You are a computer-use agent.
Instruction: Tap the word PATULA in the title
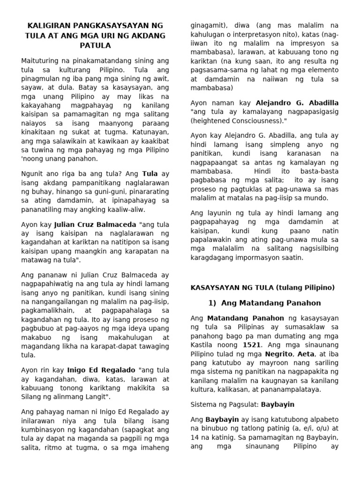pos(95,45)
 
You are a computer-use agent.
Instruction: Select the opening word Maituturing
pos(41,60)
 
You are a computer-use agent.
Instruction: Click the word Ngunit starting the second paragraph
pos(33,173)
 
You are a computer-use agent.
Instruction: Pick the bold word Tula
pos(150,173)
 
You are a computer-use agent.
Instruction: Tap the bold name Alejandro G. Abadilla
pos(296,103)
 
